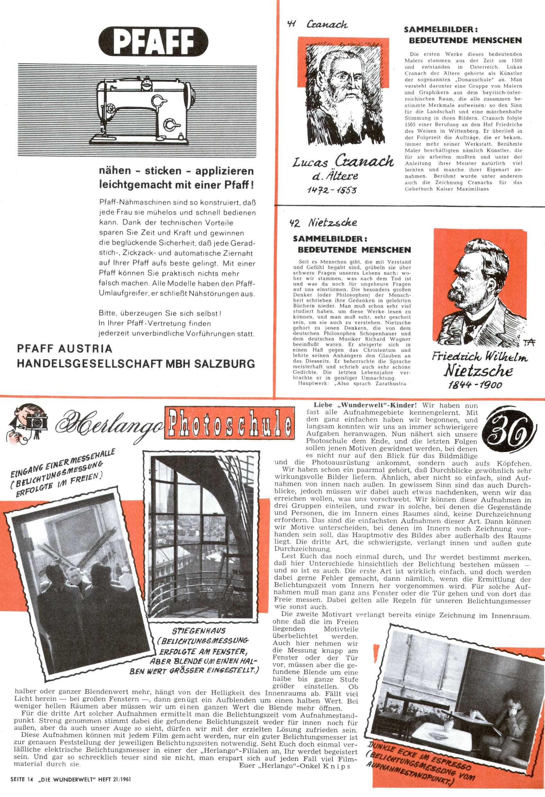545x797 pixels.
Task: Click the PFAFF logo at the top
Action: click(x=153, y=42)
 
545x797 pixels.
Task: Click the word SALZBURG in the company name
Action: click(x=225, y=364)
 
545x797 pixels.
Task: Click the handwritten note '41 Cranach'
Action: click(x=317, y=25)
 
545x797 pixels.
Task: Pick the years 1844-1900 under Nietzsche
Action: click(x=475, y=384)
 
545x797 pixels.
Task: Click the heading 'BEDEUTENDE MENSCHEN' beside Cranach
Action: click(x=465, y=40)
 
